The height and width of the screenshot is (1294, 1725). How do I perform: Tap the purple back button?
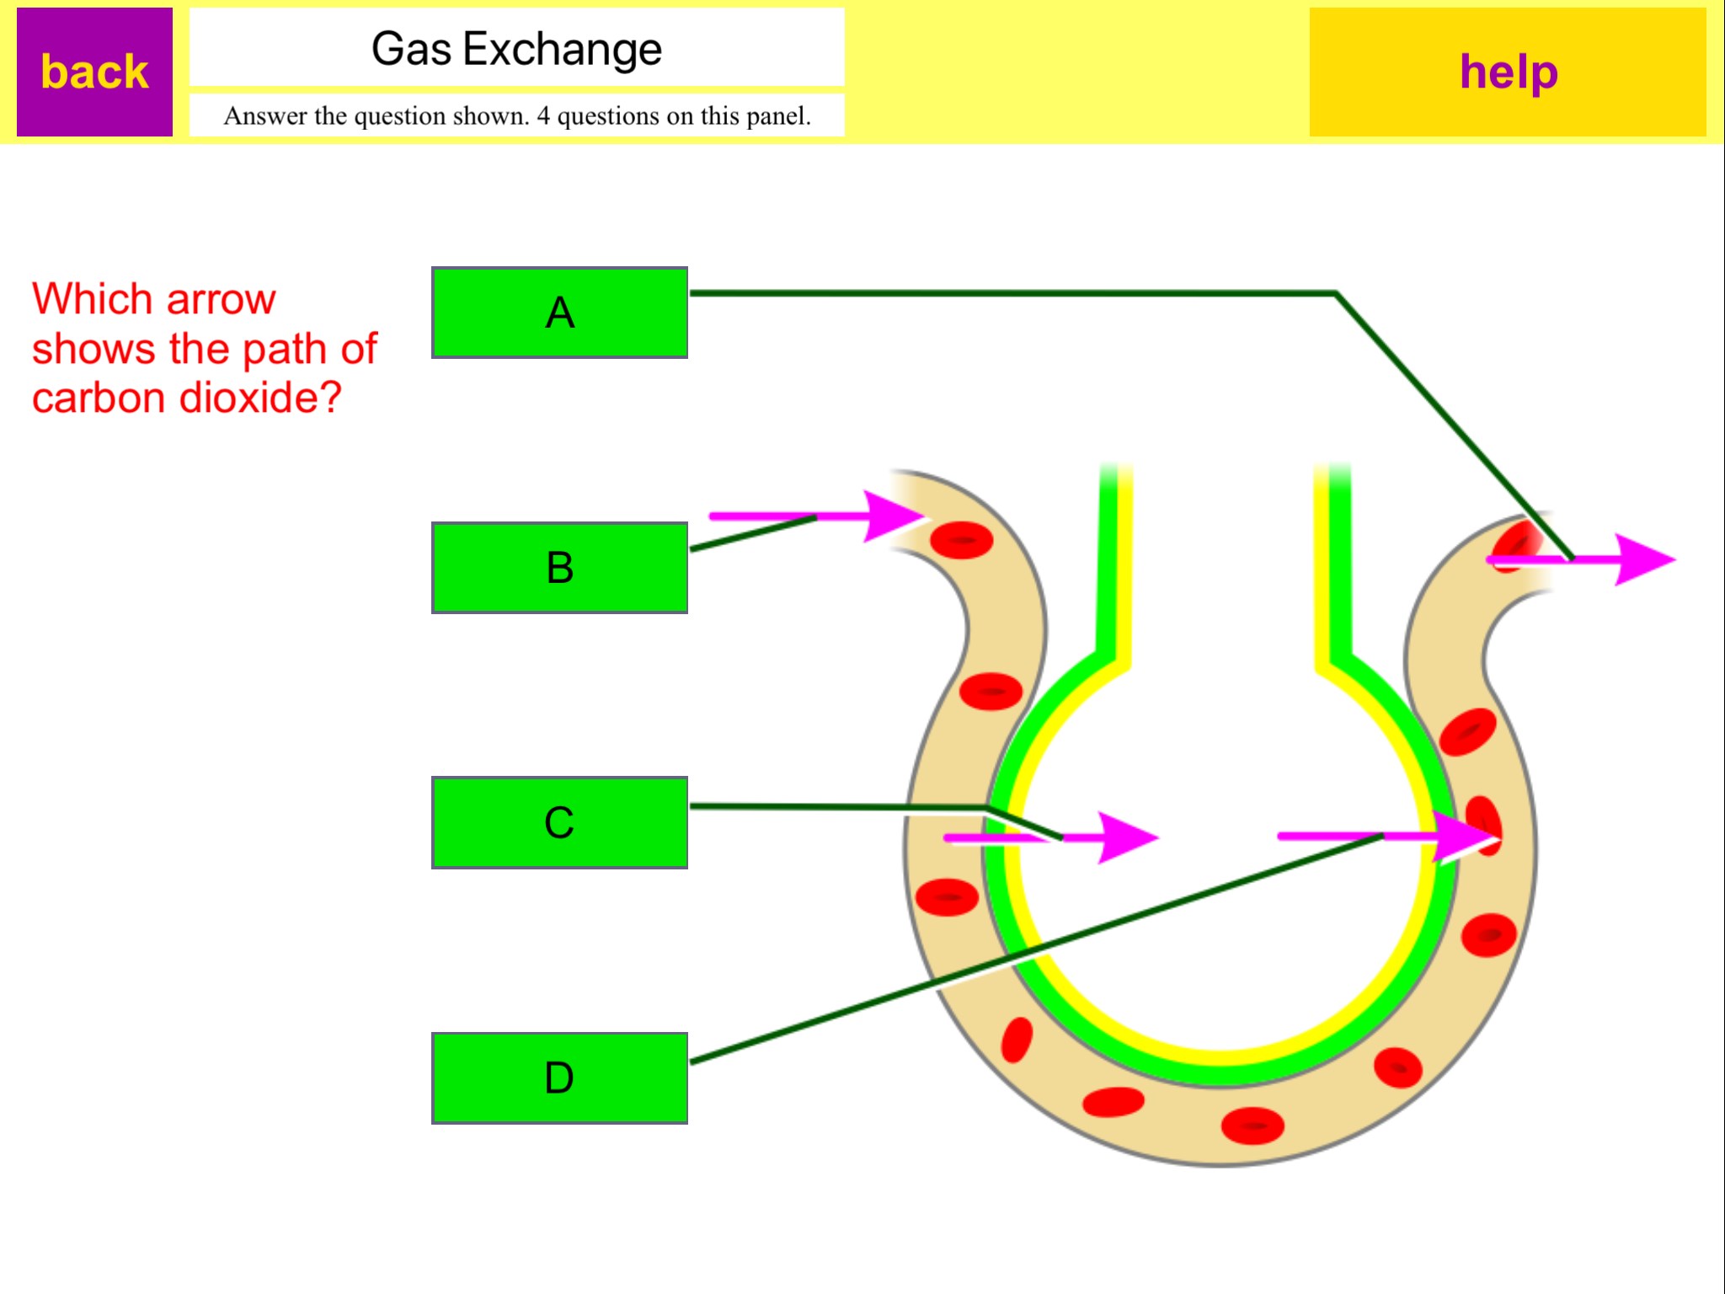[94, 72]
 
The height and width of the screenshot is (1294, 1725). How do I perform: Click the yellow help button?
[1507, 72]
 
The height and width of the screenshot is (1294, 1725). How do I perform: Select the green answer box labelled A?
[559, 313]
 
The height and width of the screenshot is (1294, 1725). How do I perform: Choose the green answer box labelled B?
[559, 567]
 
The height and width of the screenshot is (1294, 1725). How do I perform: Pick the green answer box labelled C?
[559, 822]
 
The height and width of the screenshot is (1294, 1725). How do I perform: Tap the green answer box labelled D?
[559, 1077]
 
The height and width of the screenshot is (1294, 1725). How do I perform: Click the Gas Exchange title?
[516, 49]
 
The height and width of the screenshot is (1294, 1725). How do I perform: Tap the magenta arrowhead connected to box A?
[1642, 559]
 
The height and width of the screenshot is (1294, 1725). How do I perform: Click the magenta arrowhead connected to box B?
[893, 516]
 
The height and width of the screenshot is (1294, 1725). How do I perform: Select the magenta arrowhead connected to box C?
[1127, 837]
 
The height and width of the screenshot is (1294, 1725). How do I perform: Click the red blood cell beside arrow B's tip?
[962, 540]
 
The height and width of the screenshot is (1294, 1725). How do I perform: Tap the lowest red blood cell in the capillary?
[1252, 1126]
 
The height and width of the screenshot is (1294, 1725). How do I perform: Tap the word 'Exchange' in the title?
[562, 49]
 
